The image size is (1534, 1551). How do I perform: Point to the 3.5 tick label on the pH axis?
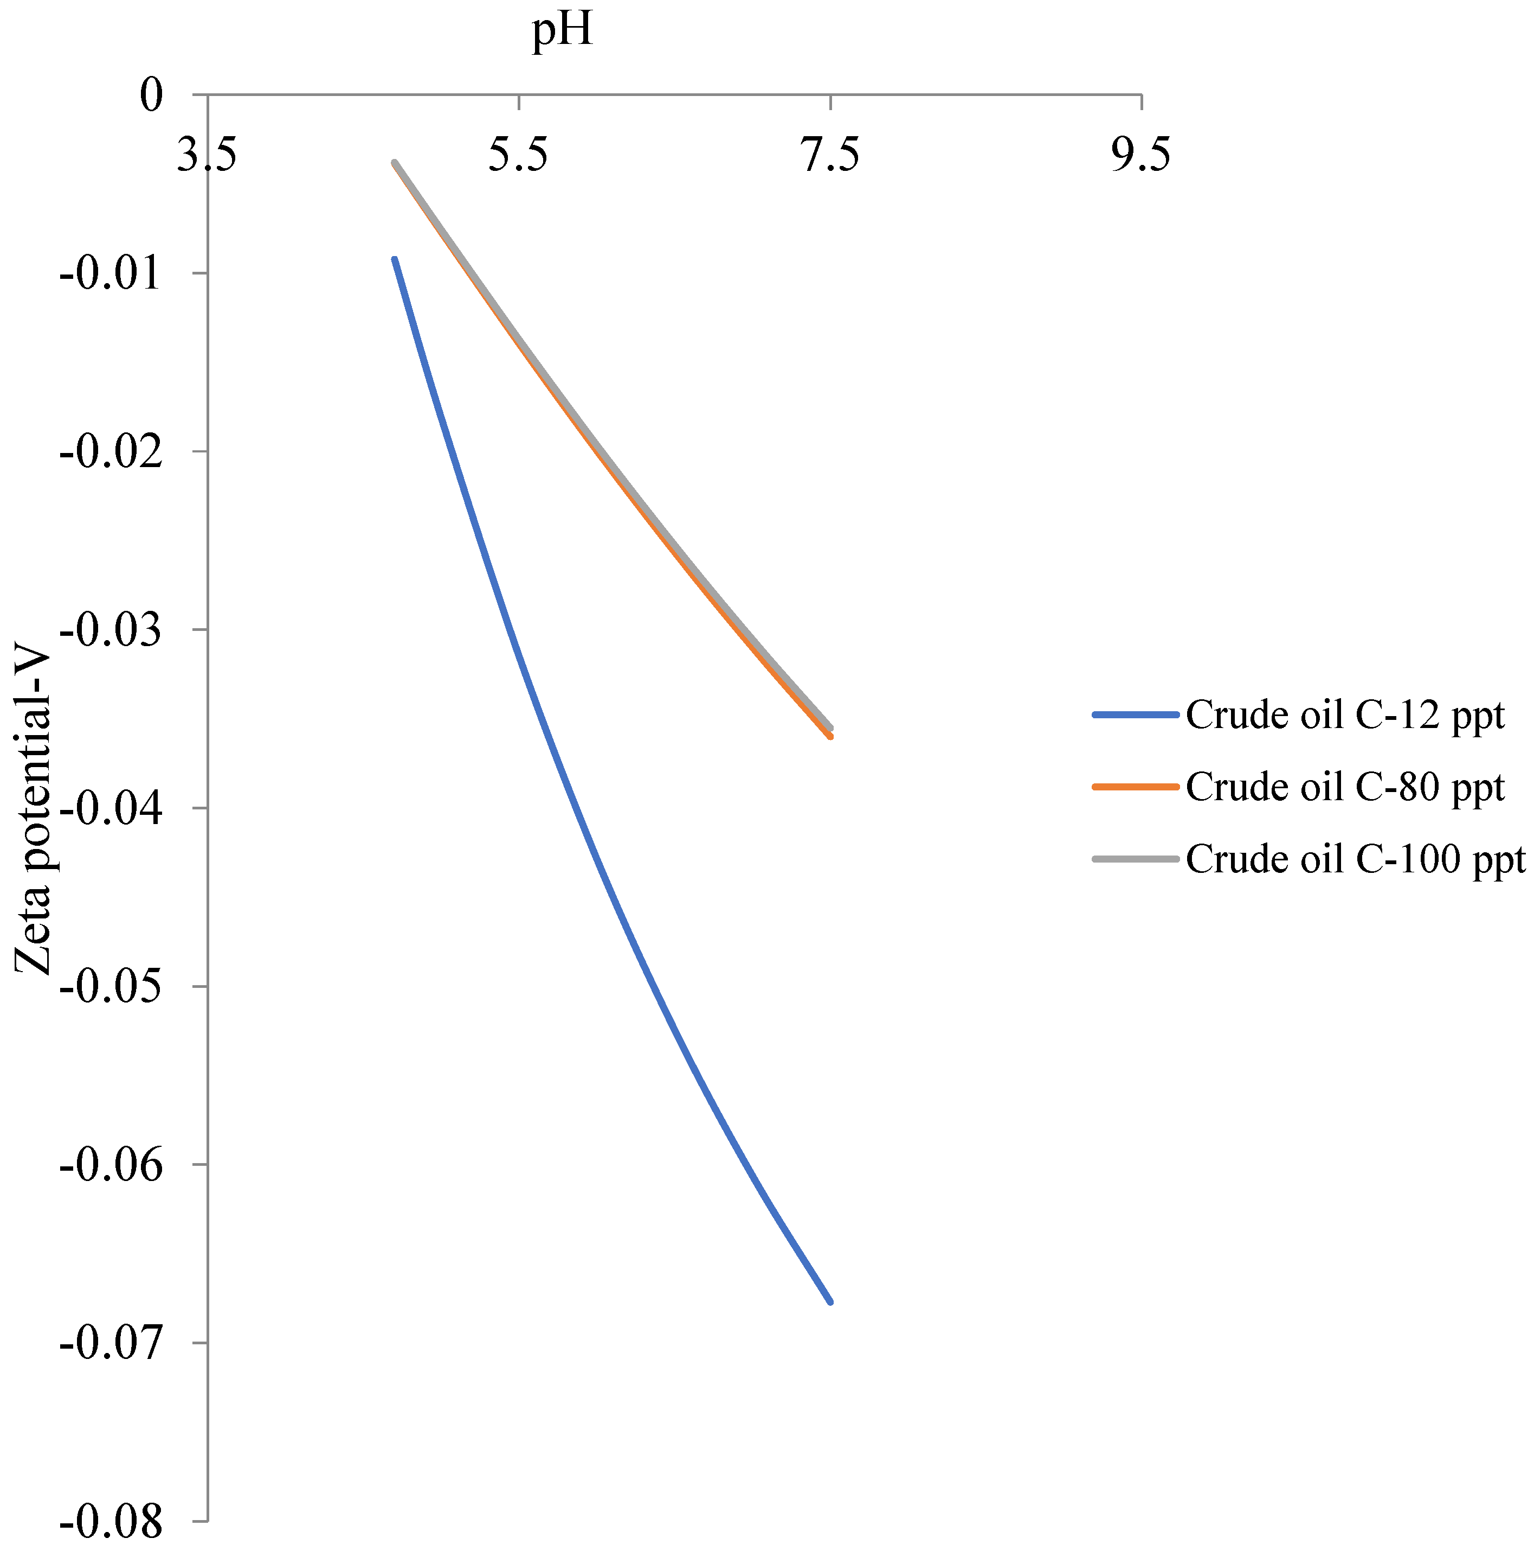tap(207, 155)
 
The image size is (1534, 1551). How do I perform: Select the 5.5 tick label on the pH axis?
tap(518, 155)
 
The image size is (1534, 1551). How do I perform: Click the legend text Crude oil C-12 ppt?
tap(1345, 714)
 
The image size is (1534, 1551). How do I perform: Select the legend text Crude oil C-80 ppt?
tap(1345, 787)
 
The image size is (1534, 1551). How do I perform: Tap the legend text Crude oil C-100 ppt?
tap(1355, 859)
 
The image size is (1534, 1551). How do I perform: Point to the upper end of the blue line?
tap(394, 259)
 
